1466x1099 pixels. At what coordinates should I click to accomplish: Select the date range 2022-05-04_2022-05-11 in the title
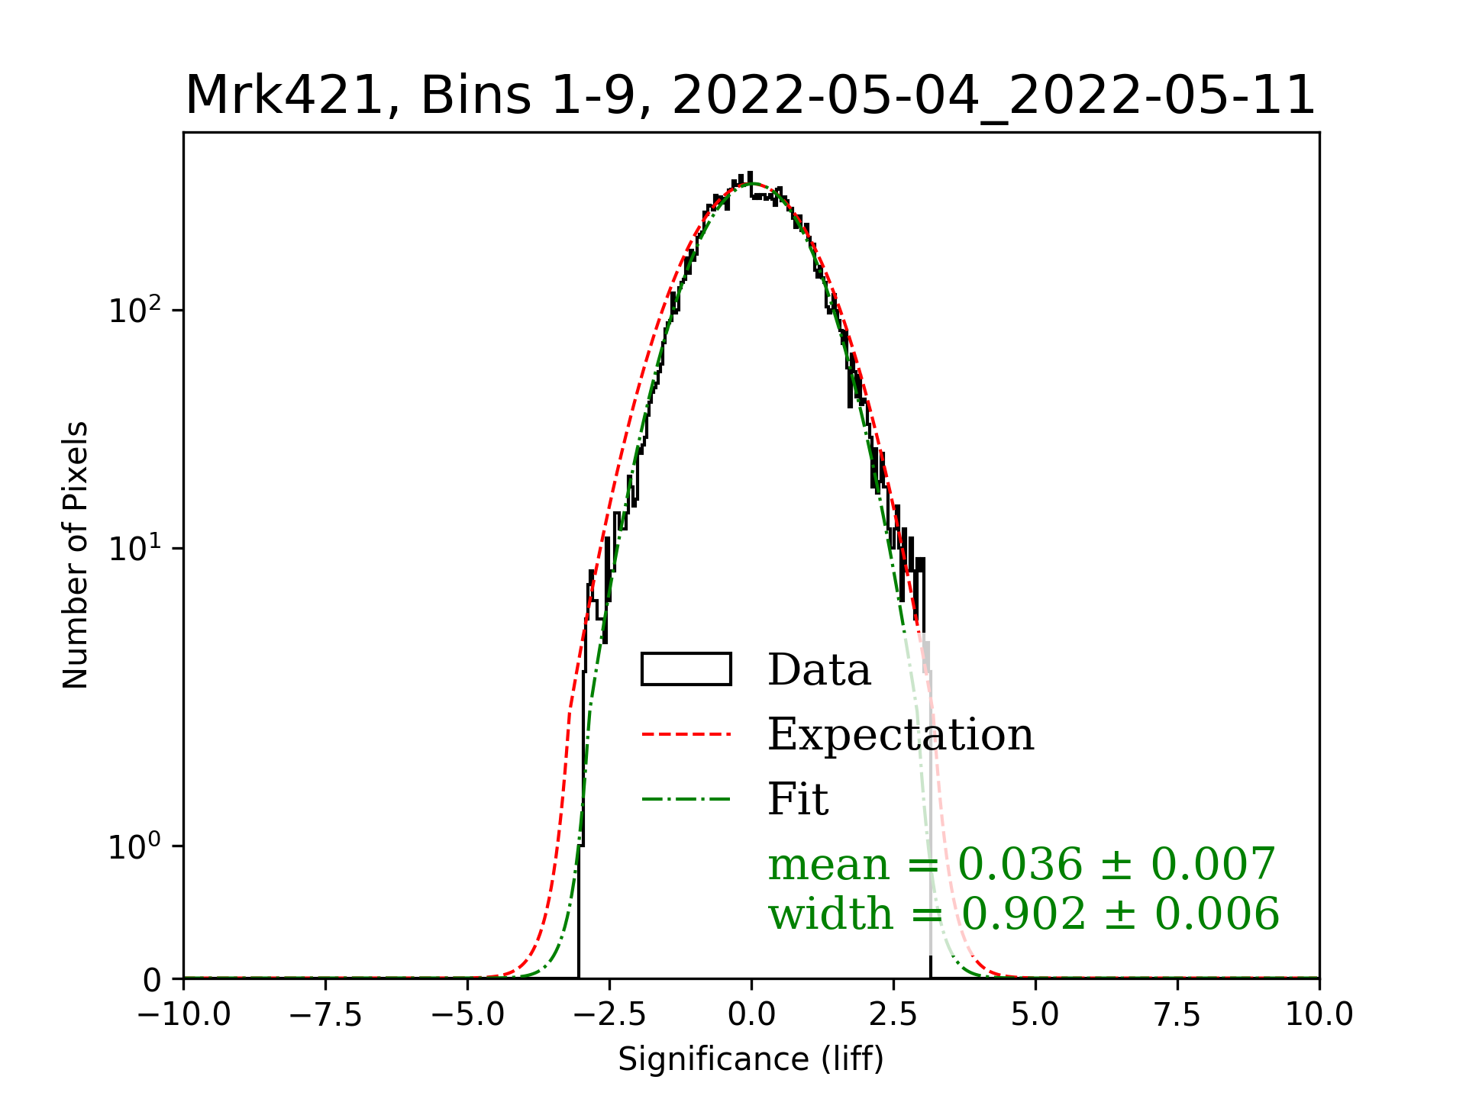point(993,96)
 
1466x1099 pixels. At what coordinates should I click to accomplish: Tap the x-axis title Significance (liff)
point(751,1059)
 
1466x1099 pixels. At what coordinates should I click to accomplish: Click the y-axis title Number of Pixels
point(76,555)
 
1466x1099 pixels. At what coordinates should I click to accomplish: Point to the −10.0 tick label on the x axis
point(184,1015)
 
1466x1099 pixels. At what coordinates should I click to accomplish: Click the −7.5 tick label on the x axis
point(326,1015)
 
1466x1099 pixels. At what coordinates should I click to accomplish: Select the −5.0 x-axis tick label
point(468,1015)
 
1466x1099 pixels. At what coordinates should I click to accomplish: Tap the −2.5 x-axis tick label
point(610,1015)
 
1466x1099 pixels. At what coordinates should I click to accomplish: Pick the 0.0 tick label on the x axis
point(751,1015)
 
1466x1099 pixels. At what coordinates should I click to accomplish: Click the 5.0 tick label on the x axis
point(1035,1015)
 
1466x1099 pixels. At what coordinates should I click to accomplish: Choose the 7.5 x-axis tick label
point(1177,1015)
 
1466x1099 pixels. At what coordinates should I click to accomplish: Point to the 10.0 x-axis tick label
point(1319,1015)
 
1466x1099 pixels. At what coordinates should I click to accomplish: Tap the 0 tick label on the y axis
point(152,980)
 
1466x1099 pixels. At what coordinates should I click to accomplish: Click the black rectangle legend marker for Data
point(686,669)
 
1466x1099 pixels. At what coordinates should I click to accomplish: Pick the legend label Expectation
point(900,734)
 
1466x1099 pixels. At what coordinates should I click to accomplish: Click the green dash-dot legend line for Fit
point(686,800)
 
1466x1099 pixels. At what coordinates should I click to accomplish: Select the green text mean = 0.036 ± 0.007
point(1022,864)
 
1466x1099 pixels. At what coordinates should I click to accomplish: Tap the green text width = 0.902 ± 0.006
point(1023,914)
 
